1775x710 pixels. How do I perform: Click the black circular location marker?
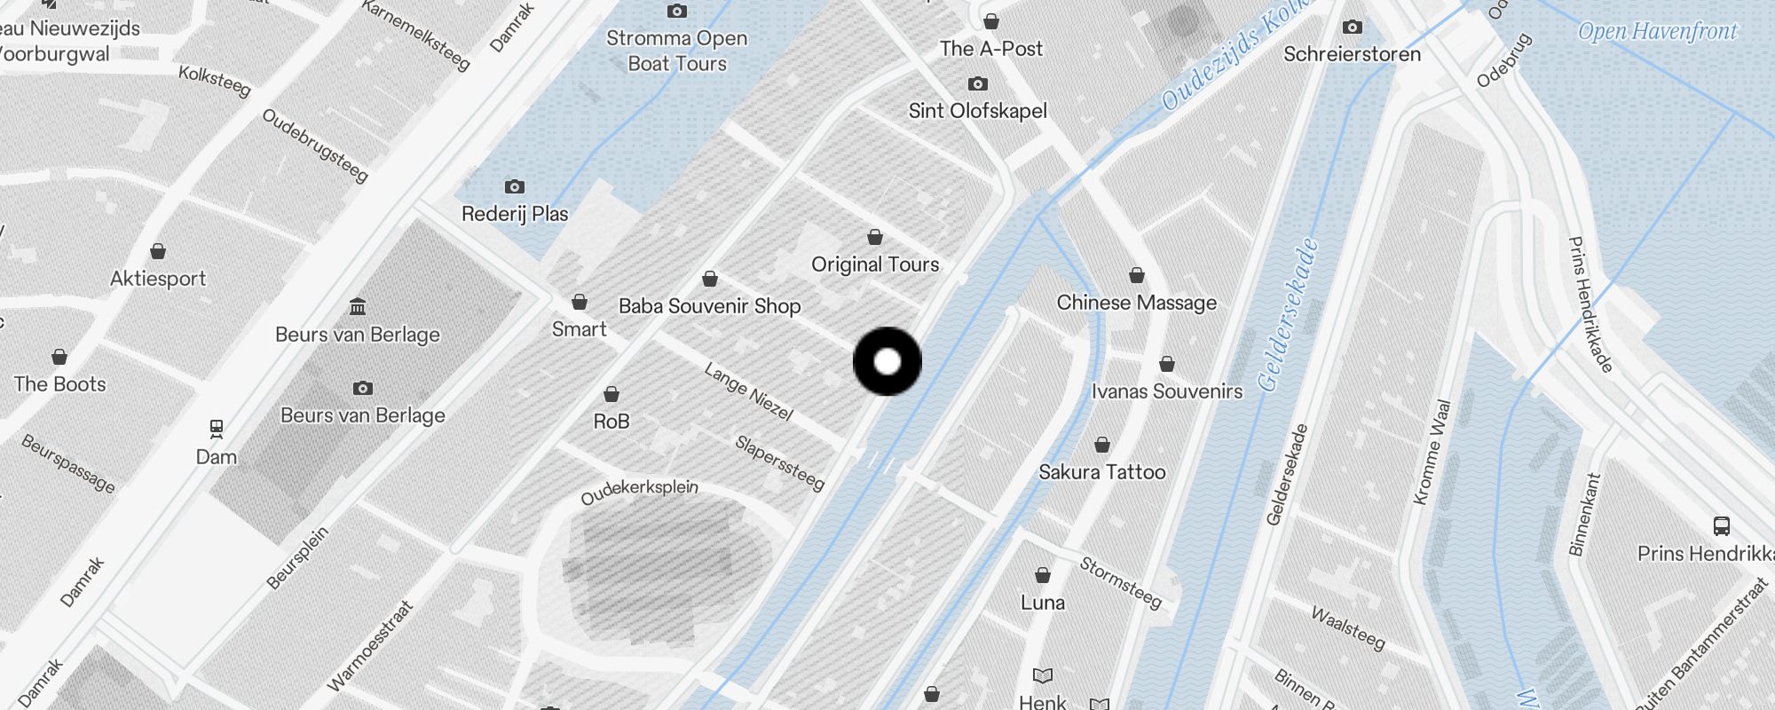(887, 361)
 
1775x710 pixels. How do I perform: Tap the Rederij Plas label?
(514, 214)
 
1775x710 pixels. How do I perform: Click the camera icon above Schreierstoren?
(1352, 28)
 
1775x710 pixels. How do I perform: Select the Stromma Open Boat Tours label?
(676, 51)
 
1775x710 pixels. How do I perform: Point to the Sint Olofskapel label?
(977, 111)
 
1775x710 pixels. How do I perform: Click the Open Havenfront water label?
(1657, 32)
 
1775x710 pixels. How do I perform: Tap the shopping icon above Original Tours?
(875, 238)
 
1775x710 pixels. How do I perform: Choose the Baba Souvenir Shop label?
(709, 306)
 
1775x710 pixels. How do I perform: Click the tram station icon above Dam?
(217, 430)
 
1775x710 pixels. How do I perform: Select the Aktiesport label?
(158, 279)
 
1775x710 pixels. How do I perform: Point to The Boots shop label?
(59, 384)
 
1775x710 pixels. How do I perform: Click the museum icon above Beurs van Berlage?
(358, 307)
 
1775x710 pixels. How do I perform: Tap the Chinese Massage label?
(1136, 303)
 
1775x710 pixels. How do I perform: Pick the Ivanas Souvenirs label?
(1166, 391)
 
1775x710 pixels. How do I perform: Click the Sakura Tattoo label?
(1101, 472)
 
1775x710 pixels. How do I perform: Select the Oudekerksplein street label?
(639, 492)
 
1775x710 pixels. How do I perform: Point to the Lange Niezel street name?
(748, 391)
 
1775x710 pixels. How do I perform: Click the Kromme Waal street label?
(1431, 453)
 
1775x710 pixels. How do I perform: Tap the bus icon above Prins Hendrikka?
(1721, 526)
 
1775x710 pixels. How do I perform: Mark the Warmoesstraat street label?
(370, 646)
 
